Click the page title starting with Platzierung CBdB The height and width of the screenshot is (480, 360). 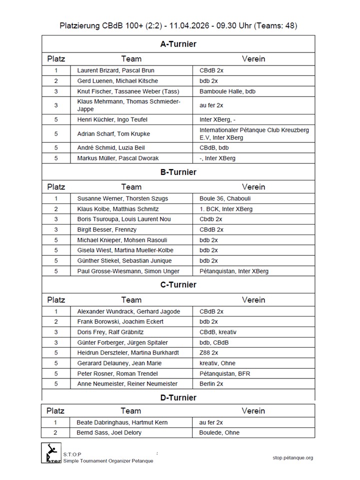pos(178,25)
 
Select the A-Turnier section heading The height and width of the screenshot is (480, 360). pos(178,44)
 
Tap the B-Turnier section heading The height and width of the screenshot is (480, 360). pos(178,172)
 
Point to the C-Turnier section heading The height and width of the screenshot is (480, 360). pos(178,285)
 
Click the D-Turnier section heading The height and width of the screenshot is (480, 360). pos(178,398)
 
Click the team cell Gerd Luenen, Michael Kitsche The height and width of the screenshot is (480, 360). pos(117,81)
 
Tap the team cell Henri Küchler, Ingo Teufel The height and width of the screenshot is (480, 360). pos(112,119)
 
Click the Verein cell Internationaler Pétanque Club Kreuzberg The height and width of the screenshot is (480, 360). pos(254,133)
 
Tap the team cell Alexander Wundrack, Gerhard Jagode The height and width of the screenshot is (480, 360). pos(128,311)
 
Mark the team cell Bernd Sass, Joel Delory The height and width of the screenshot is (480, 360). pos(109,432)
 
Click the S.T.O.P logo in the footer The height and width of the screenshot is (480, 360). pos(51,453)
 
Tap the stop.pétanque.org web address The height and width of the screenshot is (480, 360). pos(293,457)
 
